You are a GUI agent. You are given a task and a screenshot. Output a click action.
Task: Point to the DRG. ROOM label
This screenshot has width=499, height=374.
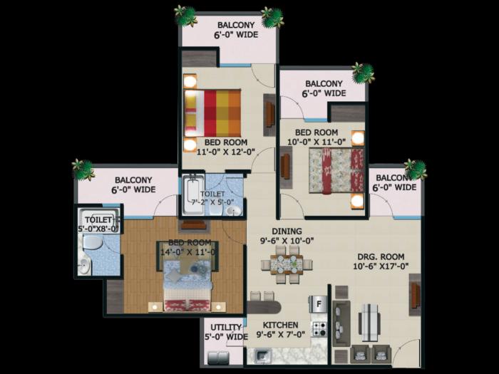point(380,256)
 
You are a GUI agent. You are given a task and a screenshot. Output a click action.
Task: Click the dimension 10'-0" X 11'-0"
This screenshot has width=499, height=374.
point(320,142)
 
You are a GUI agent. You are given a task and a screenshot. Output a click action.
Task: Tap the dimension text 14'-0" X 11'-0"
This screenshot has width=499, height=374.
point(187,251)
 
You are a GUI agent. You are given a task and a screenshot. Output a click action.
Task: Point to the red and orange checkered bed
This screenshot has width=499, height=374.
point(213,113)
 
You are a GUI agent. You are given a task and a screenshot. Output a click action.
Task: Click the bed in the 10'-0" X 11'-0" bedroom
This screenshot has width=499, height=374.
point(336,170)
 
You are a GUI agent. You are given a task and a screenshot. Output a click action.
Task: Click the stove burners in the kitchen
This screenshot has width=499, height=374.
point(319,329)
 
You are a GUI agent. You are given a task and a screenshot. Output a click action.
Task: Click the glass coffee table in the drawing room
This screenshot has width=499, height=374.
point(369,322)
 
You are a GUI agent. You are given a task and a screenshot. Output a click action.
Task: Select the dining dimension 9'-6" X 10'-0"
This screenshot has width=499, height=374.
point(287,241)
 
